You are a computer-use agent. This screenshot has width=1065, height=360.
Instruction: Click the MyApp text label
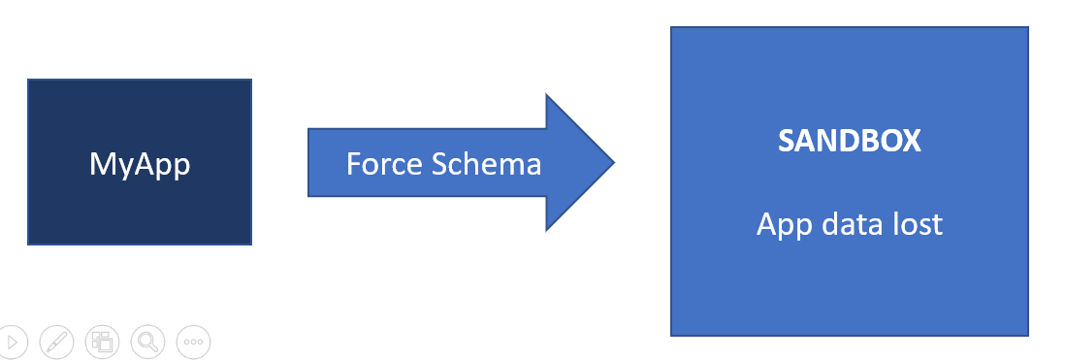pyautogui.click(x=140, y=164)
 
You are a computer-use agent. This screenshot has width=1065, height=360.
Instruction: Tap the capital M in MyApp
pyautogui.click(x=101, y=163)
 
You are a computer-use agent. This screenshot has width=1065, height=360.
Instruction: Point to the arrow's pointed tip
pyautogui.click(x=614, y=162)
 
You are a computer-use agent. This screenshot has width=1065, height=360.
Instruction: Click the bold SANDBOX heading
pyautogui.click(x=849, y=142)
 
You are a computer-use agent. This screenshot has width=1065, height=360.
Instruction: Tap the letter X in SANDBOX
pyautogui.click(x=910, y=142)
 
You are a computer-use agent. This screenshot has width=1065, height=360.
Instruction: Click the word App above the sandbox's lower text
pyautogui.click(x=784, y=225)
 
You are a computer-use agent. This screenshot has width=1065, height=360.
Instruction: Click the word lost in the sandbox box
pyautogui.click(x=916, y=223)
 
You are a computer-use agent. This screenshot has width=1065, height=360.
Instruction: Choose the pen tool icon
pyautogui.click(x=56, y=341)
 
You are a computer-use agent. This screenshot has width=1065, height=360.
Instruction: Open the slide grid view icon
pyautogui.click(x=102, y=341)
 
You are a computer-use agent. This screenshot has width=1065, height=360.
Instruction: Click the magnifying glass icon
pyautogui.click(x=147, y=341)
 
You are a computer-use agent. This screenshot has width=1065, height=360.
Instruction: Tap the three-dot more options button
pyautogui.click(x=193, y=341)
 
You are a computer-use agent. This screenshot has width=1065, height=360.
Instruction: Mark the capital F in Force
pyautogui.click(x=354, y=164)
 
